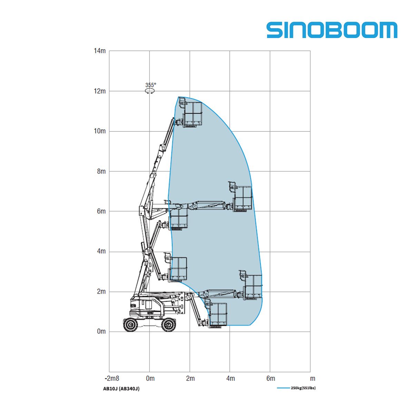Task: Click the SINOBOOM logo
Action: pyautogui.click(x=332, y=30)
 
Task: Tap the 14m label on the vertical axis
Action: pyautogui.click(x=99, y=51)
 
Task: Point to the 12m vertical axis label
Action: pyautogui.click(x=99, y=91)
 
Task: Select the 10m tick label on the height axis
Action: pyautogui.click(x=99, y=131)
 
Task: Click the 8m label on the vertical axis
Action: pyautogui.click(x=101, y=171)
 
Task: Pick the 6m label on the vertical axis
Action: pyautogui.click(x=101, y=211)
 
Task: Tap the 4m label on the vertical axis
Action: pyautogui.click(x=101, y=251)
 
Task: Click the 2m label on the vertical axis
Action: pyautogui.click(x=101, y=292)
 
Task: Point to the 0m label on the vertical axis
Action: pyautogui.click(x=101, y=331)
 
